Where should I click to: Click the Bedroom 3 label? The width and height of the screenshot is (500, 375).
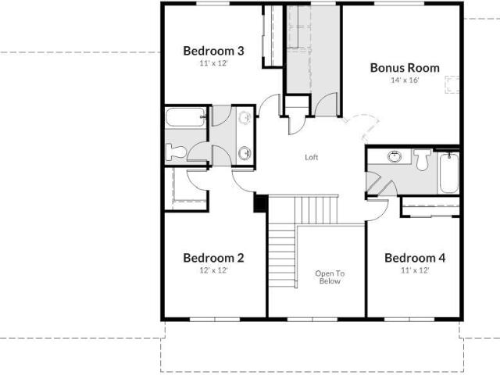tap(213, 51)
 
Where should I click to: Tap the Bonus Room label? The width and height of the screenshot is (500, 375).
tap(405, 68)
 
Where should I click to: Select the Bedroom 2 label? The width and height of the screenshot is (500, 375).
tap(213, 258)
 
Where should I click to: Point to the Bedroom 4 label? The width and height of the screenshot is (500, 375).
tap(415, 258)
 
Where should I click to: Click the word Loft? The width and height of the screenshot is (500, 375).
tap(312, 157)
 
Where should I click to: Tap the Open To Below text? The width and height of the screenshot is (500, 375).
tap(330, 277)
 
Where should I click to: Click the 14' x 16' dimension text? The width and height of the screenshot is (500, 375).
tap(405, 80)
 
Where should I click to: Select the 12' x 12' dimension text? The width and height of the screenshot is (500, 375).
tap(213, 270)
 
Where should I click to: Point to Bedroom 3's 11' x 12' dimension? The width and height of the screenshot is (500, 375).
tap(213, 63)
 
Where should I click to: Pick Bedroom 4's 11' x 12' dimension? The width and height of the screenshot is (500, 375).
tap(415, 270)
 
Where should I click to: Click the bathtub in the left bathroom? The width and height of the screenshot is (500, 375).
tap(185, 117)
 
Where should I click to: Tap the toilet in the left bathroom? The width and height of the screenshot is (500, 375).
tap(176, 152)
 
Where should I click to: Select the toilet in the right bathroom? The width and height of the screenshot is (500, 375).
tap(422, 159)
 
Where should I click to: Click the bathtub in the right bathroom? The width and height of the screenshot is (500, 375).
tap(449, 173)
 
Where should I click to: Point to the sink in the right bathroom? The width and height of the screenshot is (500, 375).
tap(395, 156)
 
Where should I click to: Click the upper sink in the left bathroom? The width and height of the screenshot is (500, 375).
tap(245, 117)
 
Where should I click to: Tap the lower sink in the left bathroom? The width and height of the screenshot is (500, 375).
tap(245, 153)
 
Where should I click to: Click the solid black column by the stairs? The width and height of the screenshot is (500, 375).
tap(260, 203)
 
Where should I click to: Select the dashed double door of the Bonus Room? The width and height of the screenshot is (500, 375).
tap(361, 127)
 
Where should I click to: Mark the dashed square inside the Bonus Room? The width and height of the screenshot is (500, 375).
tap(452, 84)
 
